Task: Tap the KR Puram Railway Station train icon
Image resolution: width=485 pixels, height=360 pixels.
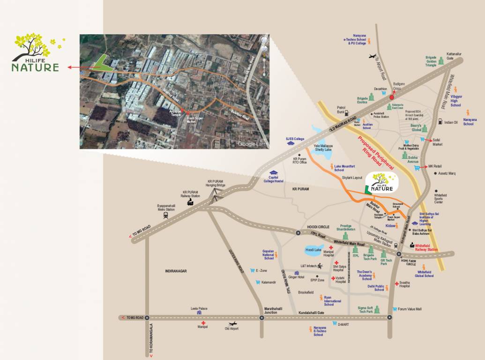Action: pyautogui.click(x=191, y=202)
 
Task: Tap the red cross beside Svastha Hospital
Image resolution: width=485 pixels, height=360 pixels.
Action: pyautogui.click(x=396, y=284)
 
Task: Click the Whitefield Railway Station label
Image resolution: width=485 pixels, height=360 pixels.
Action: pyautogui.click(x=426, y=247)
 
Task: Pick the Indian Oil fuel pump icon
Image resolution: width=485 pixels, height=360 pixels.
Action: pyautogui.click(x=440, y=122)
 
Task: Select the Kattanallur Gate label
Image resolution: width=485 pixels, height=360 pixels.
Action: pyautogui.click(x=454, y=55)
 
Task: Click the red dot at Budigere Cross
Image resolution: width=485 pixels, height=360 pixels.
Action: pyautogui.click(x=392, y=97)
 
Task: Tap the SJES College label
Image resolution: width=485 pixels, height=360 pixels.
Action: pyautogui.click(x=295, y=139)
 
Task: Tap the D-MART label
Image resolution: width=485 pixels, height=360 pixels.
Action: pyautogui.click(x=344, y=323)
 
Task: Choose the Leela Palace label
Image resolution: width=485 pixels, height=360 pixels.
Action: pyautogui.click(x=199, y=308)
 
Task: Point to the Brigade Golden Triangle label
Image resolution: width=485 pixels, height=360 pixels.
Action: pyautogui.click(x=431, y=61)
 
